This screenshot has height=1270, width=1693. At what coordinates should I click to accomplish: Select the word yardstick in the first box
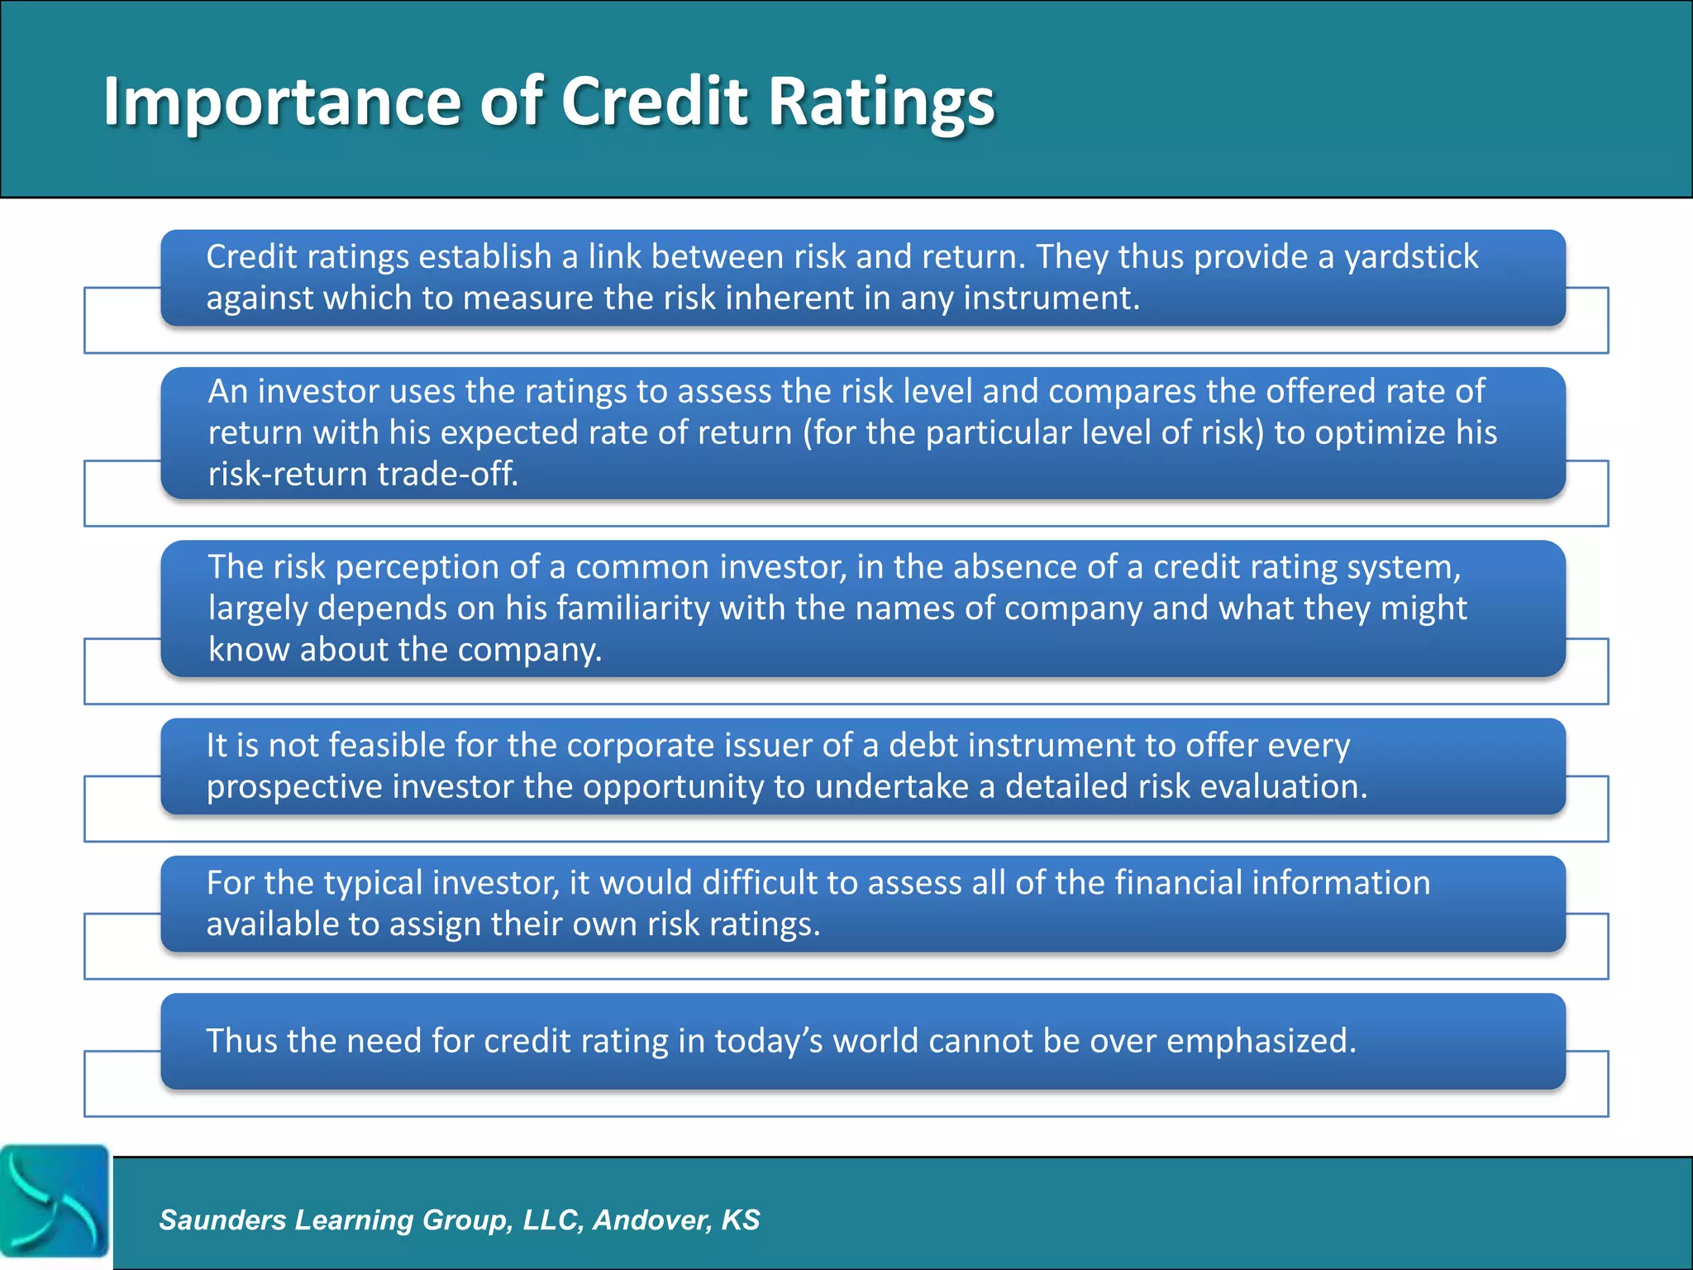(1410, 257)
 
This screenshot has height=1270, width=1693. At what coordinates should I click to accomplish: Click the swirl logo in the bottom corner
(55, 1200)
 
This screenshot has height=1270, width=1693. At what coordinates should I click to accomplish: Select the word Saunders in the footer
(222, 1220)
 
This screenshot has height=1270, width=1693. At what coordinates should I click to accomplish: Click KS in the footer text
(740, 1220)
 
